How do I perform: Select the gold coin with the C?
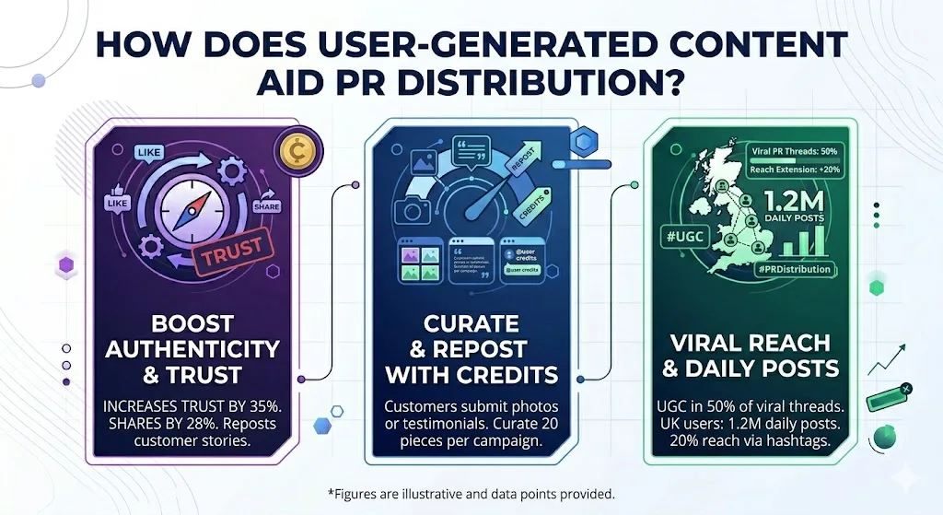pos(297,150)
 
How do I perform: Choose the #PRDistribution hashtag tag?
pos(794,269)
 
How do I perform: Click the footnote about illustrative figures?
pos(471,494)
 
